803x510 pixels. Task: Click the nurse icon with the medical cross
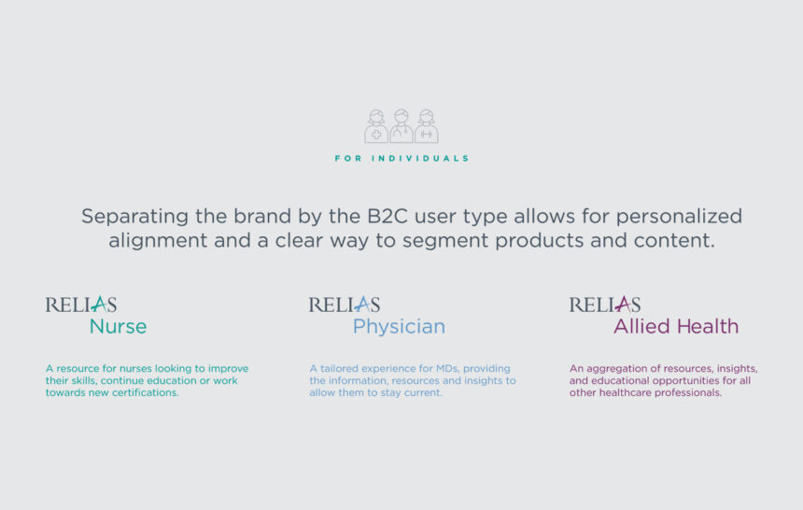pyautogui.click(x=376, y=126)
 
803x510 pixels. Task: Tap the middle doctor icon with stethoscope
pyautogui.click(x=401, y=126)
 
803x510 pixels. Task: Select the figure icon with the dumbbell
pyautogui.click(x=426, y=126)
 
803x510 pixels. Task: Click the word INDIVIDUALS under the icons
pyautogui.click(x=420, y=159)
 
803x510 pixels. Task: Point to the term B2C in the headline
pyautogui.click(x=387, y=217)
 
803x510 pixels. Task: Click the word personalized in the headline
pyautogui.click(x=679, y=218)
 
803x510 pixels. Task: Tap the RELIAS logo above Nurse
pyautogui.click(x=81, y=305)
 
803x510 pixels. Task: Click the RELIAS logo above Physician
pyautogui.click(x=345, y=305)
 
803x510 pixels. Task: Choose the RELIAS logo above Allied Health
pyautogui.click(x=605, y=305)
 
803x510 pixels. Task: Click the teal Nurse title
pyautogui.click(x=118, y=327)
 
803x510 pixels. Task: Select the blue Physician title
pyautogui.click(x=399, y=327)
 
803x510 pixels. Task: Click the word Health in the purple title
pyautogui.click(x=708, y=326)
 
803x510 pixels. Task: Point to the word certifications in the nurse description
pyautogui.click(x=147, y=392)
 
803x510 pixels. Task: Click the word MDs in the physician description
pyautogui.click(x=447, y=369)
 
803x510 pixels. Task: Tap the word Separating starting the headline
pyautogui.click(x=134, y=218)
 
